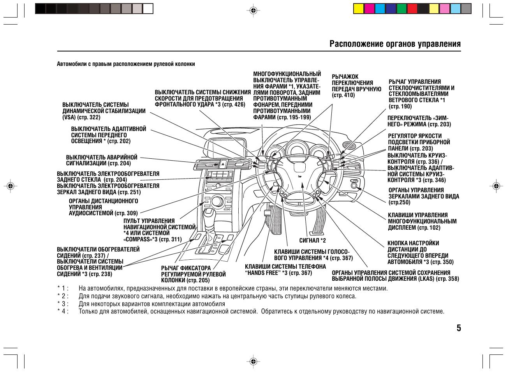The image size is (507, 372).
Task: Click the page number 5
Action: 459,328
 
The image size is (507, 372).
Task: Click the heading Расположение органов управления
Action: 395,44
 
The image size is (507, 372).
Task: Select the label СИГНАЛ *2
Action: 312,240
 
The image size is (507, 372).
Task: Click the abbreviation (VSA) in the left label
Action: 69,117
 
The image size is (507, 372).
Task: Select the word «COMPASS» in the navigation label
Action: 137,239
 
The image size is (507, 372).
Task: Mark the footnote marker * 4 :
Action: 63,311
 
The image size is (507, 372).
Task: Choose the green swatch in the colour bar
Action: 401,9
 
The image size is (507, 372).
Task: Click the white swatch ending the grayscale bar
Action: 148,9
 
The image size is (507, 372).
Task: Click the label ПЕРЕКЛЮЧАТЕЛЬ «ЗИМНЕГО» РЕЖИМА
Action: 419,121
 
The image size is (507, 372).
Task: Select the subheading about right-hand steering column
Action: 126,64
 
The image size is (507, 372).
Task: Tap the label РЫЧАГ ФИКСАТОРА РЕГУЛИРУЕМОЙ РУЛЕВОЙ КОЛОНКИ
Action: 193,274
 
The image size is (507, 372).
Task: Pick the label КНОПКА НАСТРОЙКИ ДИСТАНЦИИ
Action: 420,253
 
